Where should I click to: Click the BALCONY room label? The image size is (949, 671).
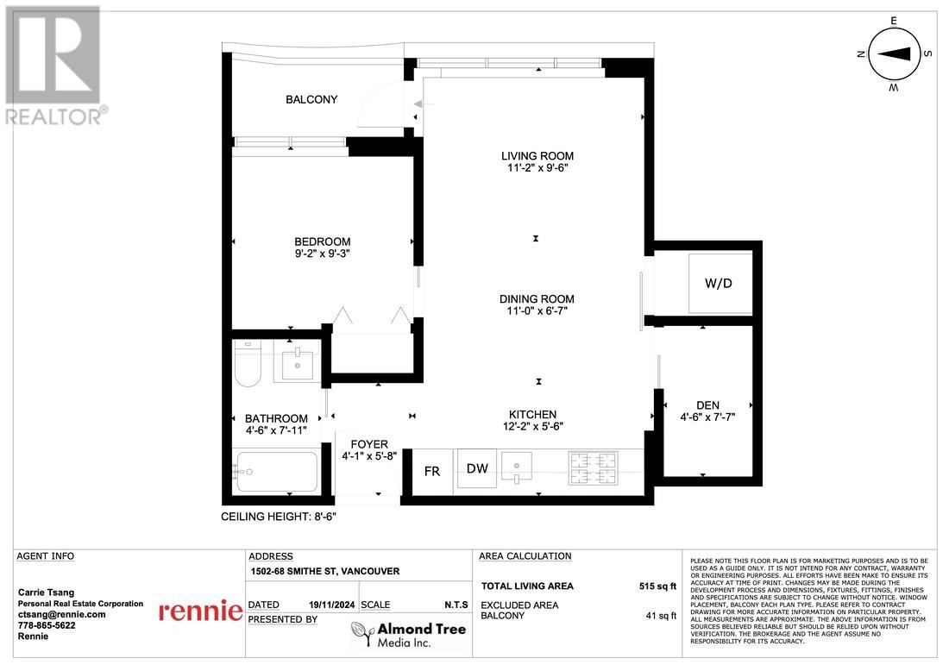[x=311, y=99]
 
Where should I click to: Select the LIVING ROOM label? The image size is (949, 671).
[x=537, y=156]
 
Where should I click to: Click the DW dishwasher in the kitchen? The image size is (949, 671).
[x=477, y=469]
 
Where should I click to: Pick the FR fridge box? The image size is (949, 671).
[x=432, y=471]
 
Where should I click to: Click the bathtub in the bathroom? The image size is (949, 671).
[x=276, y=472]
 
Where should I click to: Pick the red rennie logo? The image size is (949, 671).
[x=200, y=611]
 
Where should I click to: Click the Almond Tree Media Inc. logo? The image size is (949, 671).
[x=410, y=634]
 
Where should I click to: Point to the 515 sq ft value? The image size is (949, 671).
[x=657, y=586]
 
